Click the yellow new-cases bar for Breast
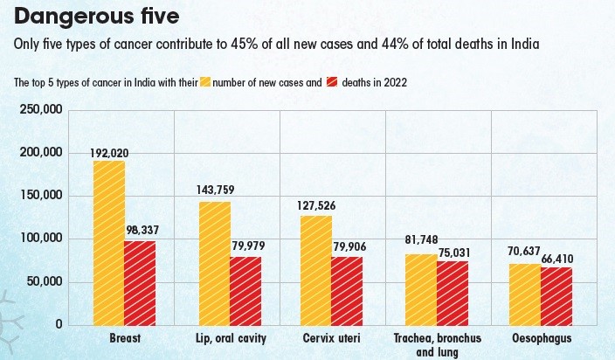pos(109,243)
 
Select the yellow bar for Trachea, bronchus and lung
pos(421,289)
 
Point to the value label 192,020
pos(109,153)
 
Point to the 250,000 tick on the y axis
pos(40,109)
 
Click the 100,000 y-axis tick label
pos(40,239)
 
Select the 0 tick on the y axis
pos(59,324)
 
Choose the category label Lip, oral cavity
pos(231,337)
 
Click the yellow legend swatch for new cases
pos(207,83)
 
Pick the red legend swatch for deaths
pos(333,83)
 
